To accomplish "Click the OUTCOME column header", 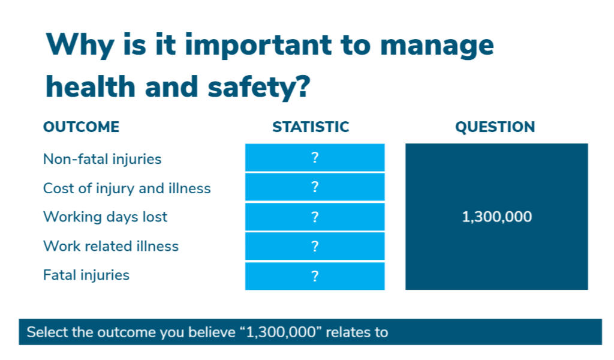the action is (x=82, y=127).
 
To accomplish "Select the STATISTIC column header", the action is (x=311, y=127).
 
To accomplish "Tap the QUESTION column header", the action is (x=495, y=127).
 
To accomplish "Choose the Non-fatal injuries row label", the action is (x=102, y=159).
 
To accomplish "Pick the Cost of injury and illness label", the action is (x=127, y=188).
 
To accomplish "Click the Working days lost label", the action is (x=106, y=217).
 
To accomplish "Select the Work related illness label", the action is (x=111, y=246).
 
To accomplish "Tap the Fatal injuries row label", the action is (x=86, y=275).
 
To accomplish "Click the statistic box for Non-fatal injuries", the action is (x=315, y=157).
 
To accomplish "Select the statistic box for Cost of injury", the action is (x=315, y=187).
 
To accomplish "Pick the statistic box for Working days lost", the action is (x=315, y=217).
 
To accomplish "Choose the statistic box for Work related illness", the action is (x=315, y=246).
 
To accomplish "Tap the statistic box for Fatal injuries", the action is (x=315, y=276).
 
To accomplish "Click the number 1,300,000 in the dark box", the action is (x=497, y=217).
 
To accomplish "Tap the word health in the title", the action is (x=91, y=86).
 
